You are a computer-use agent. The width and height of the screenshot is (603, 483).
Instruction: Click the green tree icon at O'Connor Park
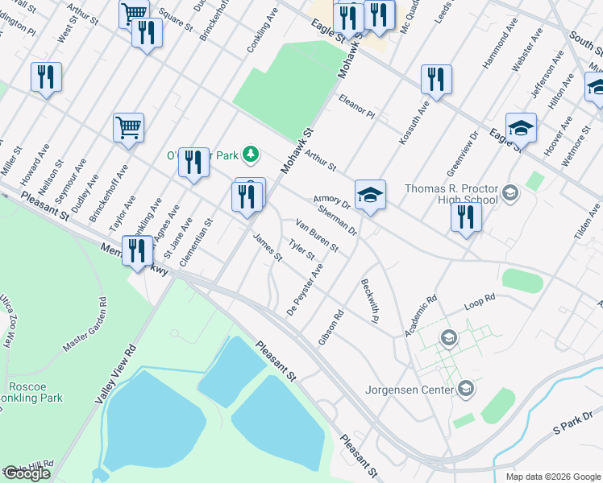(252, 153)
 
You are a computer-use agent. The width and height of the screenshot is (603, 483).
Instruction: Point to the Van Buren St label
(316, 234)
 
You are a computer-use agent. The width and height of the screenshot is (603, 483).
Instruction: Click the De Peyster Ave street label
(305, 289)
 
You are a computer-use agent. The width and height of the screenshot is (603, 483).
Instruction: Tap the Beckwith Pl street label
(370, 296)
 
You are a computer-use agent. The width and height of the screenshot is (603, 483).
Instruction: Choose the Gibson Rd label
(331, 328)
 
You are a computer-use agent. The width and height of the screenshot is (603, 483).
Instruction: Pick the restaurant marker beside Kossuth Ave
(436, 80)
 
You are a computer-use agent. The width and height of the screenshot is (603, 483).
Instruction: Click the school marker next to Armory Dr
(370, 195)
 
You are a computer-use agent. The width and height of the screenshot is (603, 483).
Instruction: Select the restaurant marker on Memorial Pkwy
(138, 250)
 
